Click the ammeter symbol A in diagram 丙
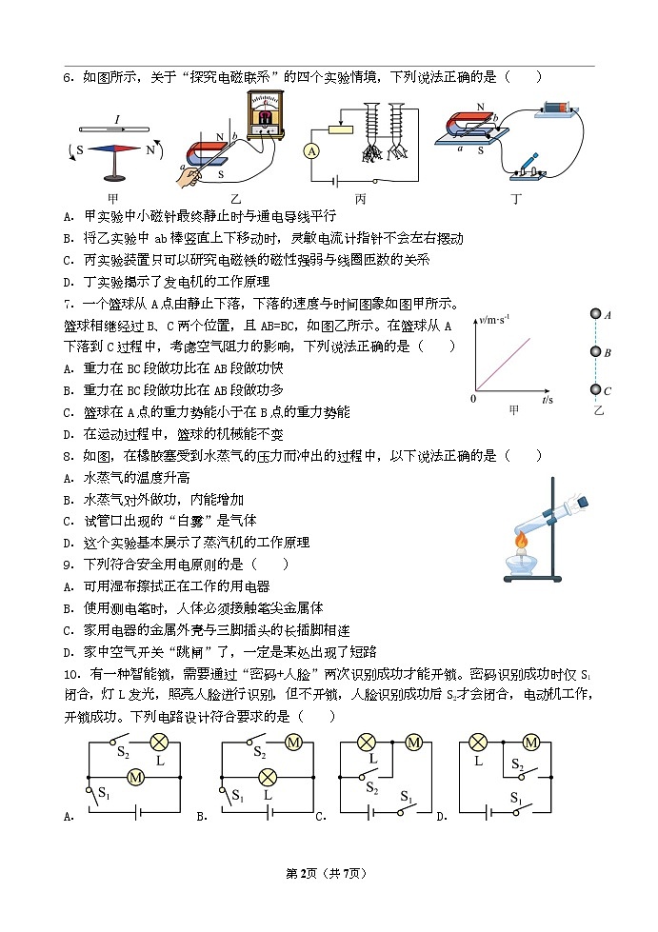click(310, 151)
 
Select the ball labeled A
click(595, 314)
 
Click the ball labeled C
click(595, 389)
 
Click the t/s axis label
click(547, 401)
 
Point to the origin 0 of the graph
click(473, 399)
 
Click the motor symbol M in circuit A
click(134, 778)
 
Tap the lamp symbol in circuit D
click(479, 744)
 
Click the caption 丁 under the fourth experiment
click(515, 199)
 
